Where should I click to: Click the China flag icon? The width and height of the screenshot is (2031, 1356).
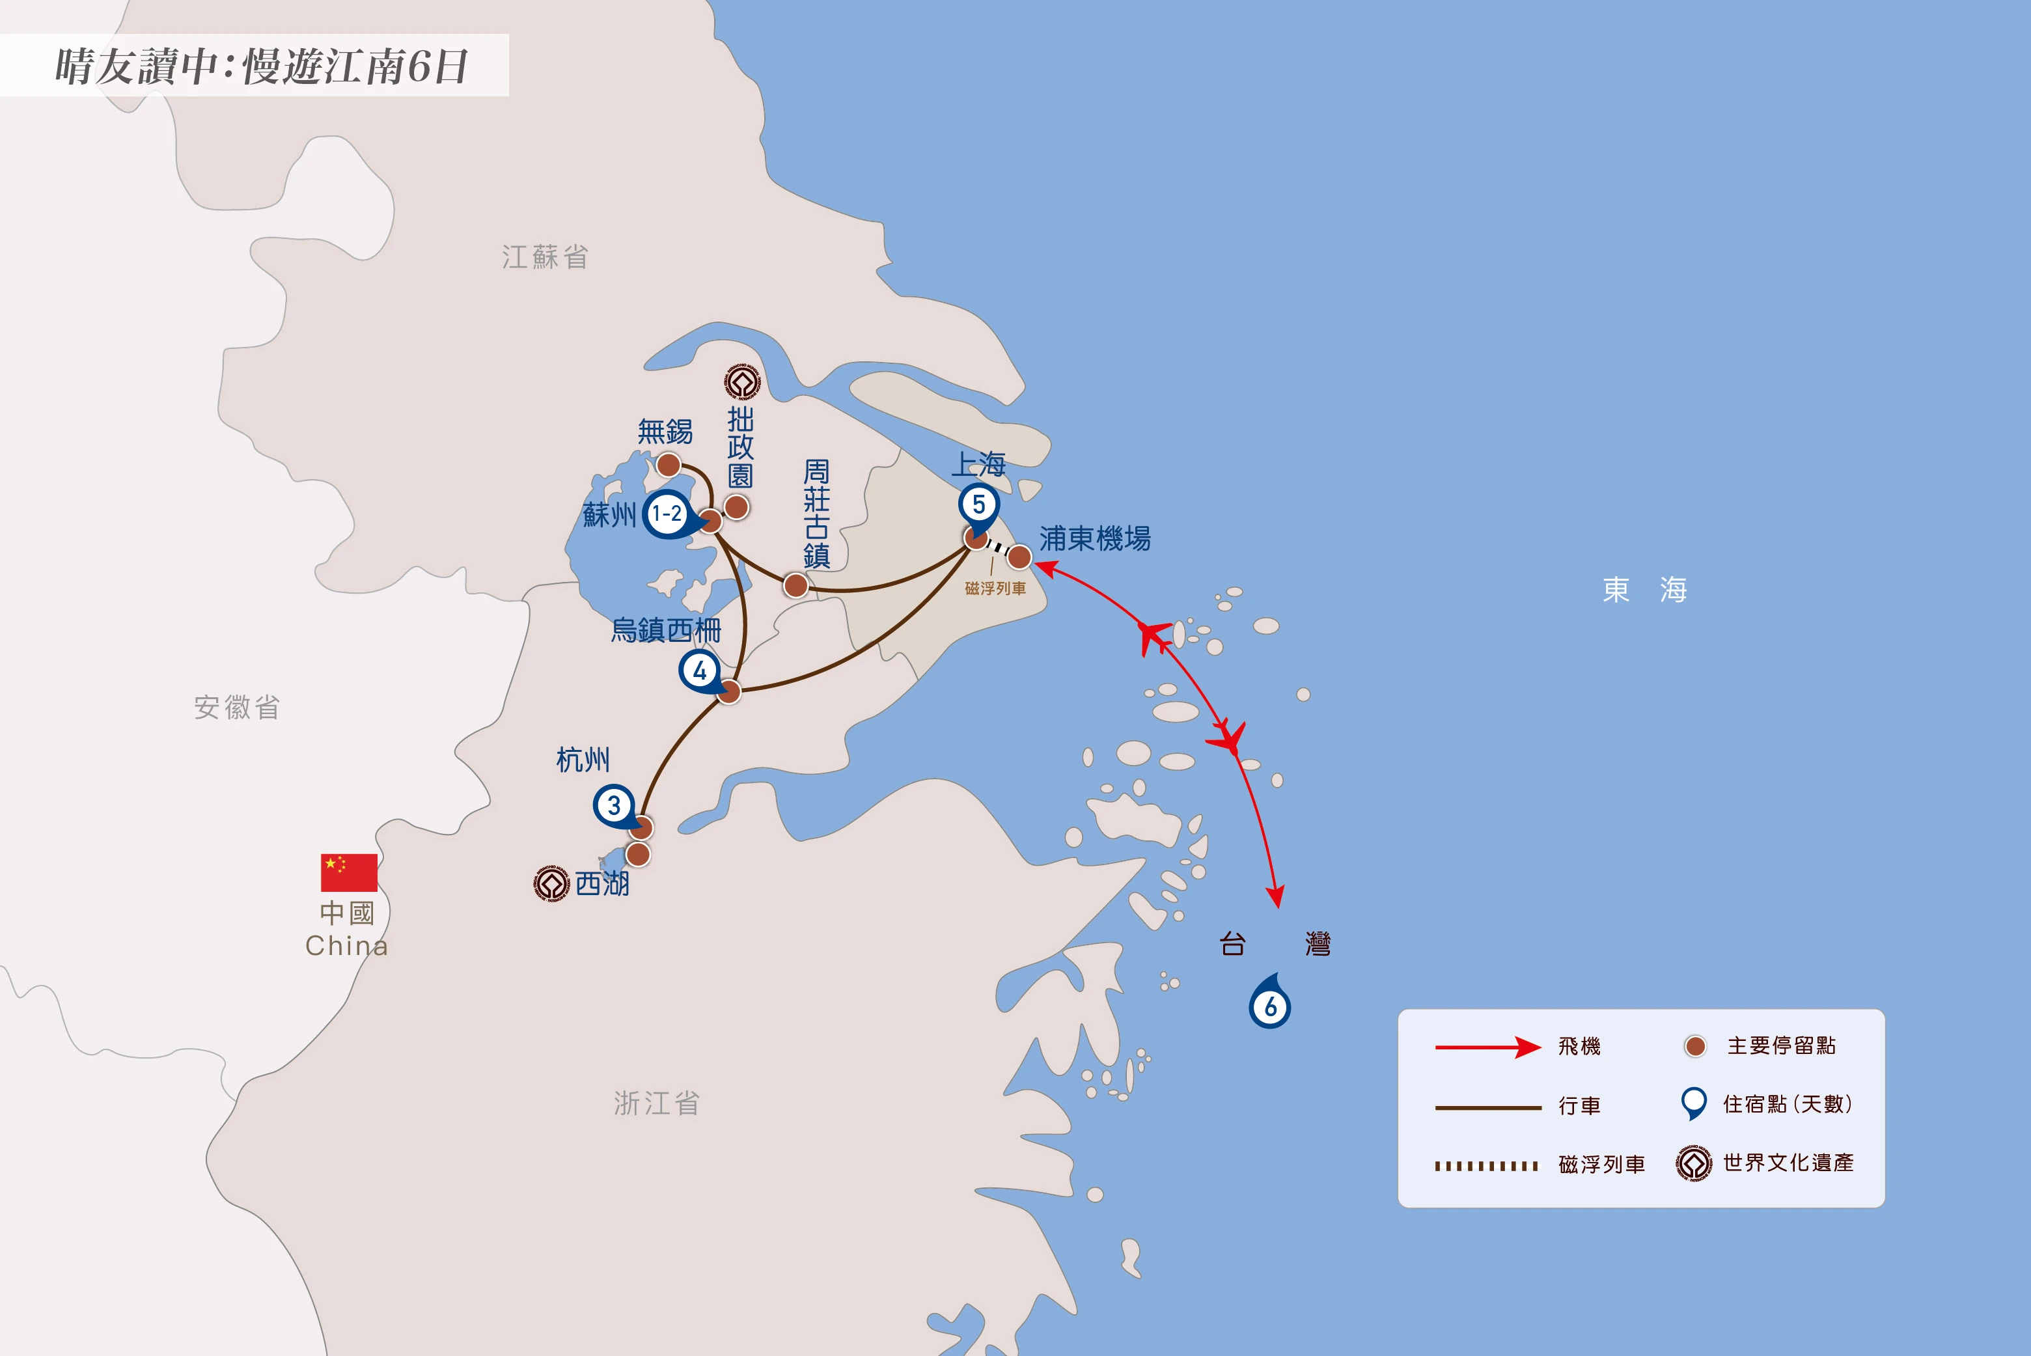point(348,872)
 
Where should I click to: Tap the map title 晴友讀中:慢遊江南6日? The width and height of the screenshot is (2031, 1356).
point(261,66)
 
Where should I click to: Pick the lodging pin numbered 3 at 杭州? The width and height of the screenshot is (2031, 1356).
point(614,806)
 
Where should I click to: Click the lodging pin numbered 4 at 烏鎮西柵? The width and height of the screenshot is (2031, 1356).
point(700,671)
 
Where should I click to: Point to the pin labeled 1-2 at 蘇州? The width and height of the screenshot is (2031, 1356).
point(667,514)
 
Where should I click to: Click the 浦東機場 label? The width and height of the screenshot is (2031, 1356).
point(1095,539)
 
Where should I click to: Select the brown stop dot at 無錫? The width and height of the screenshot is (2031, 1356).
point(669,465)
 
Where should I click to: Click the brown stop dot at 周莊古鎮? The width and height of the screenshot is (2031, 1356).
point(795,585)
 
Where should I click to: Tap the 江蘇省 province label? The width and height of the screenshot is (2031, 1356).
point(545,257)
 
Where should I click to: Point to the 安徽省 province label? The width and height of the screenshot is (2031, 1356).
point(237,708)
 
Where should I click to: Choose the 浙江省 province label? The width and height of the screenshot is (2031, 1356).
point(656,1103)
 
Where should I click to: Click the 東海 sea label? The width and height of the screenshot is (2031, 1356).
point(1644,590)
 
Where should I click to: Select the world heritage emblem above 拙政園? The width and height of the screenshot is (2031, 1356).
point(742,381)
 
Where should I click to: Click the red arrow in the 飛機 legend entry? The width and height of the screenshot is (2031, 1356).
point(1487,1047)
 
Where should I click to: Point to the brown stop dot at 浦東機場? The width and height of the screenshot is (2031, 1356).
point(1020,557)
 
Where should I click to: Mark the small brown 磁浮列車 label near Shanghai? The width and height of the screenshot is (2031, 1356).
point(995,588)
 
